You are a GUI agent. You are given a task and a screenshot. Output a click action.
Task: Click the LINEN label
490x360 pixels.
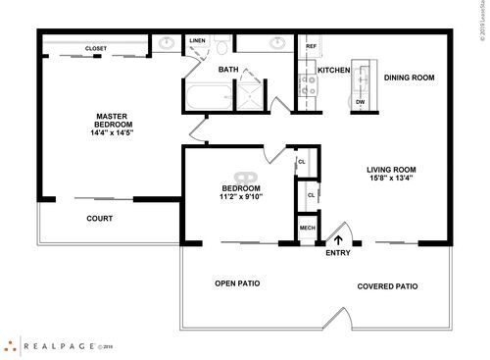(198, 41)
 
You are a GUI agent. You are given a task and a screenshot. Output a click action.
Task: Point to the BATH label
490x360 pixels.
(227, 70)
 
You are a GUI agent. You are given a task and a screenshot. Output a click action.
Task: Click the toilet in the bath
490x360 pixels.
(223, 46)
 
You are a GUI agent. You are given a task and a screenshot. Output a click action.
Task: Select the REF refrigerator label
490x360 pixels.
(311, 46)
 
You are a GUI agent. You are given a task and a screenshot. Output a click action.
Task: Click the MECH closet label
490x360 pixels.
(306, 228)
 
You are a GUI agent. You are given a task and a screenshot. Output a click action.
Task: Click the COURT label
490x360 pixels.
(98, 219)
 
